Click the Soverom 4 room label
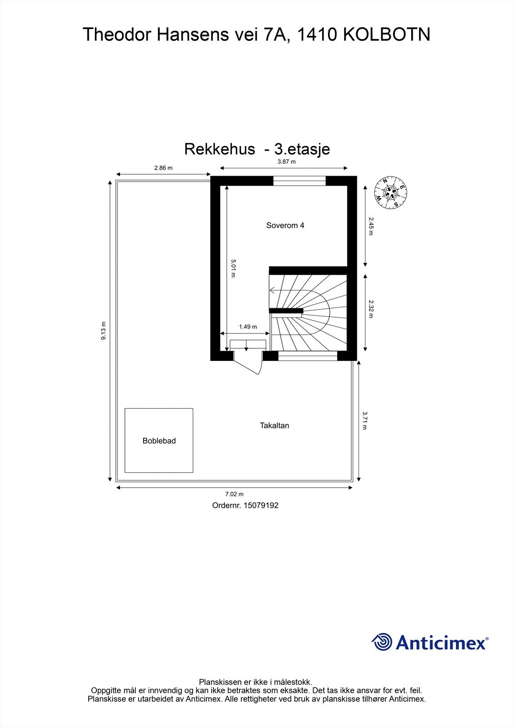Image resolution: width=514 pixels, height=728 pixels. tap(285, 225)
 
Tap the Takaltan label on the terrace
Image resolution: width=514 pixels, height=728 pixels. tap(274, 426)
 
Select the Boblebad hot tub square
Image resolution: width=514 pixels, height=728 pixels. tap(159, 440)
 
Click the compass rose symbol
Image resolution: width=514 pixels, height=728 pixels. tap(390, 193)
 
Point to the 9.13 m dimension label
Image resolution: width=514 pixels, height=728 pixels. tap(104, 331)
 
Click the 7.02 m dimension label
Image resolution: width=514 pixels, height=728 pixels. tap(235, 494)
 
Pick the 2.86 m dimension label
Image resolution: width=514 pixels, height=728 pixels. tap(163, 168)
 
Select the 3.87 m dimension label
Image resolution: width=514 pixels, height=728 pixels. tap(286, 162)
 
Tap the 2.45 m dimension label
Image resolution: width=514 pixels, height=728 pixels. tap(370, 226)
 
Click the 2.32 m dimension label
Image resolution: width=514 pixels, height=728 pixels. tap(370, 309)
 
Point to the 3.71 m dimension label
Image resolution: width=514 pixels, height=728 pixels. tap(364, 420)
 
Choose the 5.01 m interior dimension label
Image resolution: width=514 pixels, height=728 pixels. tap(233, 268)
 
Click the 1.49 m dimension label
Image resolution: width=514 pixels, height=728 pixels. tap(248, 327)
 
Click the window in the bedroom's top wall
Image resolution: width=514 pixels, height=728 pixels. tap(299, 181)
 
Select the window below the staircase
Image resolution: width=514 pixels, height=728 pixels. tap(308, 356)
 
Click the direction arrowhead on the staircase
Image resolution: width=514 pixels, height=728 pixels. tap(272, 290)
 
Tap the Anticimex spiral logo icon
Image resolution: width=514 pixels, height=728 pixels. tap(382, 642)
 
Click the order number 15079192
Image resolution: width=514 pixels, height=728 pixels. tap(261, 505)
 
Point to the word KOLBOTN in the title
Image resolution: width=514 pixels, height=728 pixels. tap(386, 35)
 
